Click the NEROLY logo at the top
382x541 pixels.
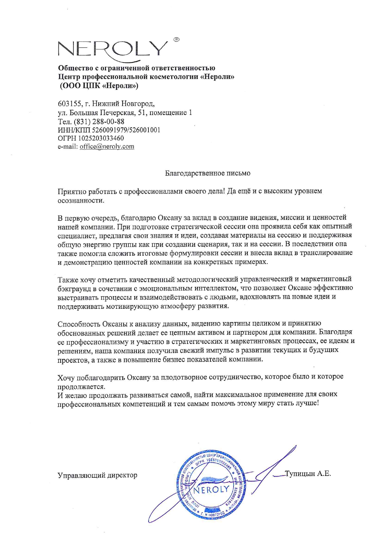112,49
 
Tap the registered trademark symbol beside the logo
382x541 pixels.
177,39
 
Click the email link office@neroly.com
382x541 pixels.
107,147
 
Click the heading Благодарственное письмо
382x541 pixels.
208,173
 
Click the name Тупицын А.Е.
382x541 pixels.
308,474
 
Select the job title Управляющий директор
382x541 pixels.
97,475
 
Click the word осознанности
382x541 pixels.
81,200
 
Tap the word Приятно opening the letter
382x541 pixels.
72,192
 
